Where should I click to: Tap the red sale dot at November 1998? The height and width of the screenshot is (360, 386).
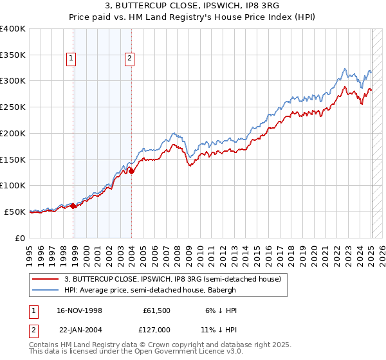(x=73, y=206)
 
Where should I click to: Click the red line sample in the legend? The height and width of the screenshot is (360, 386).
(x=45, y=280)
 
